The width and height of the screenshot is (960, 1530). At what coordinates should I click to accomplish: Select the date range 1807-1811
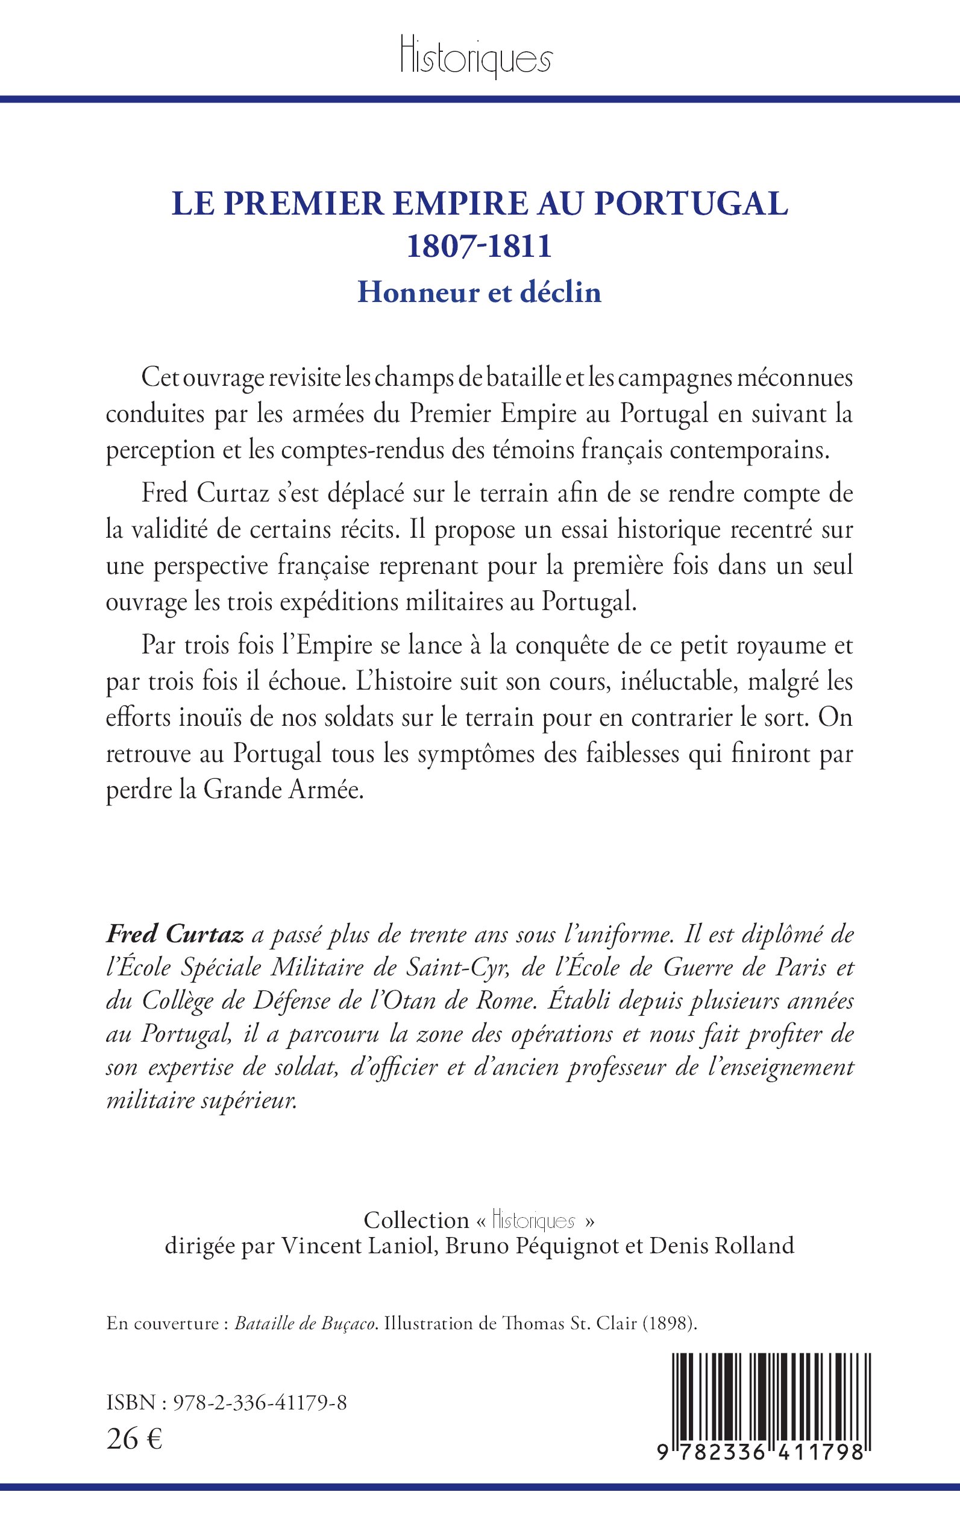(x=479, y=247)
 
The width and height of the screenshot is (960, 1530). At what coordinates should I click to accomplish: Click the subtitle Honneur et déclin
(x=479, y=292)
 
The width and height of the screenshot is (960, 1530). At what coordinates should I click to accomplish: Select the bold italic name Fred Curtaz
(x=175, y=935)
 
